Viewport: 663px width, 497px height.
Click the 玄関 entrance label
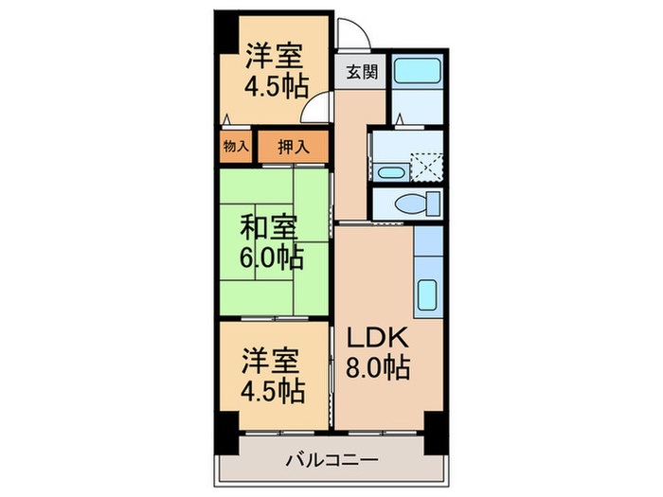359,71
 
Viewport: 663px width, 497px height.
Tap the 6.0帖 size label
271,257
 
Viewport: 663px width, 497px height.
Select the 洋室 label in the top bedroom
276,54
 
